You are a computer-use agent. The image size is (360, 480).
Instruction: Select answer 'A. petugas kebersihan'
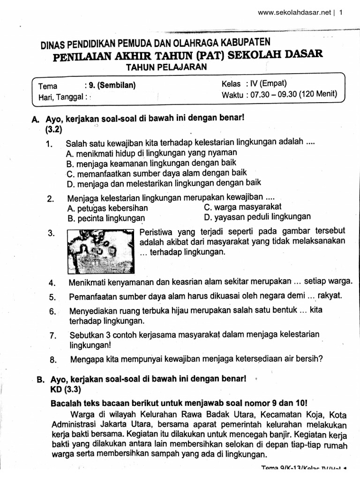click(108, 208)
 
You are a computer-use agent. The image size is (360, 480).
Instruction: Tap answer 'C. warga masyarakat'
click(243, 207)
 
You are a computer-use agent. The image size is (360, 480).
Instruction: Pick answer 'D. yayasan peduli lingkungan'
click(257, 217)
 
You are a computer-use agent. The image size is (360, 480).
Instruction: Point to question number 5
click(52, 297)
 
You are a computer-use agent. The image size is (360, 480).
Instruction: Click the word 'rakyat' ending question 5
click(330, 295)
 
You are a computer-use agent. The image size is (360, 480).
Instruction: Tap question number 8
click(52, 360)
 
